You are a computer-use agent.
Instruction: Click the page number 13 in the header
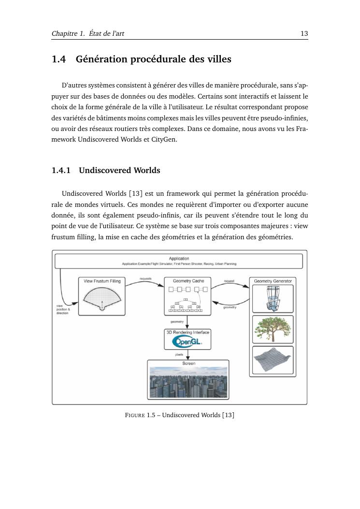tap(304, 33)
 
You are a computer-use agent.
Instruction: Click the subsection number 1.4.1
tap(61, 170)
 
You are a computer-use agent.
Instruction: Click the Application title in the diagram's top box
tap(179, 259)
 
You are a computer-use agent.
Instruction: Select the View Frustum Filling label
tap(102, 281)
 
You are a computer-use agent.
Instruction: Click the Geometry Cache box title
tap(188, 281)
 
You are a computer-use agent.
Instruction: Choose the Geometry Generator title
tap(273, 281)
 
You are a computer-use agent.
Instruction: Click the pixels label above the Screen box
tap(179, 354)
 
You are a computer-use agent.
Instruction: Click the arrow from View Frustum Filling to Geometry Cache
tap(145, 281)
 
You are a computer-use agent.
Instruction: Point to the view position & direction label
tap(63, 309)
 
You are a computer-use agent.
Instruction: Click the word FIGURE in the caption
tap(135, 415)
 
